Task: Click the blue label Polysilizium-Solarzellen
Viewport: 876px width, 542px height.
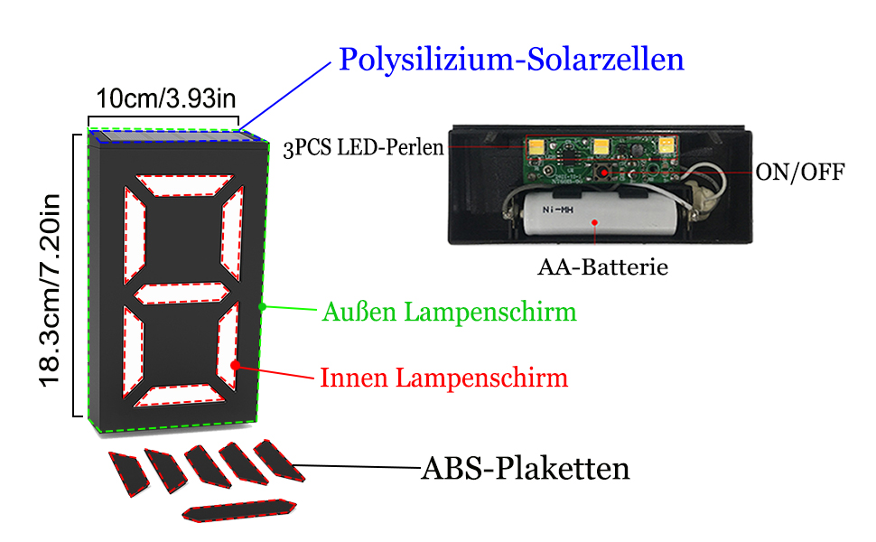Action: (x=511, y=61)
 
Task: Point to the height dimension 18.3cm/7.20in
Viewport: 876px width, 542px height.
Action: (x=50, y=276)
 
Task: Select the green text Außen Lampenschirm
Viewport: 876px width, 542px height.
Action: (x=449, y=313)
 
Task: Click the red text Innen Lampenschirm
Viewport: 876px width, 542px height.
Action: (x=443, y=377)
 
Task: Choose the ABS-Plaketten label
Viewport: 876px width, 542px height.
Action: (x=525, y=469)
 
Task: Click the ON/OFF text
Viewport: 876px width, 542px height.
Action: (x=799, y=172)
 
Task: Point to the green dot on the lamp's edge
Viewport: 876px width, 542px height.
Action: (x=262, y=307)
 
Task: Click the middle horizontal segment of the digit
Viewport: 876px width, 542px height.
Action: (x=181, y=294)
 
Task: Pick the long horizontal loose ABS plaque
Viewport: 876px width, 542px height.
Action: (x=239, y=509)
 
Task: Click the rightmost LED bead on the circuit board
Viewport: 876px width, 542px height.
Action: (x=667, y=144)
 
